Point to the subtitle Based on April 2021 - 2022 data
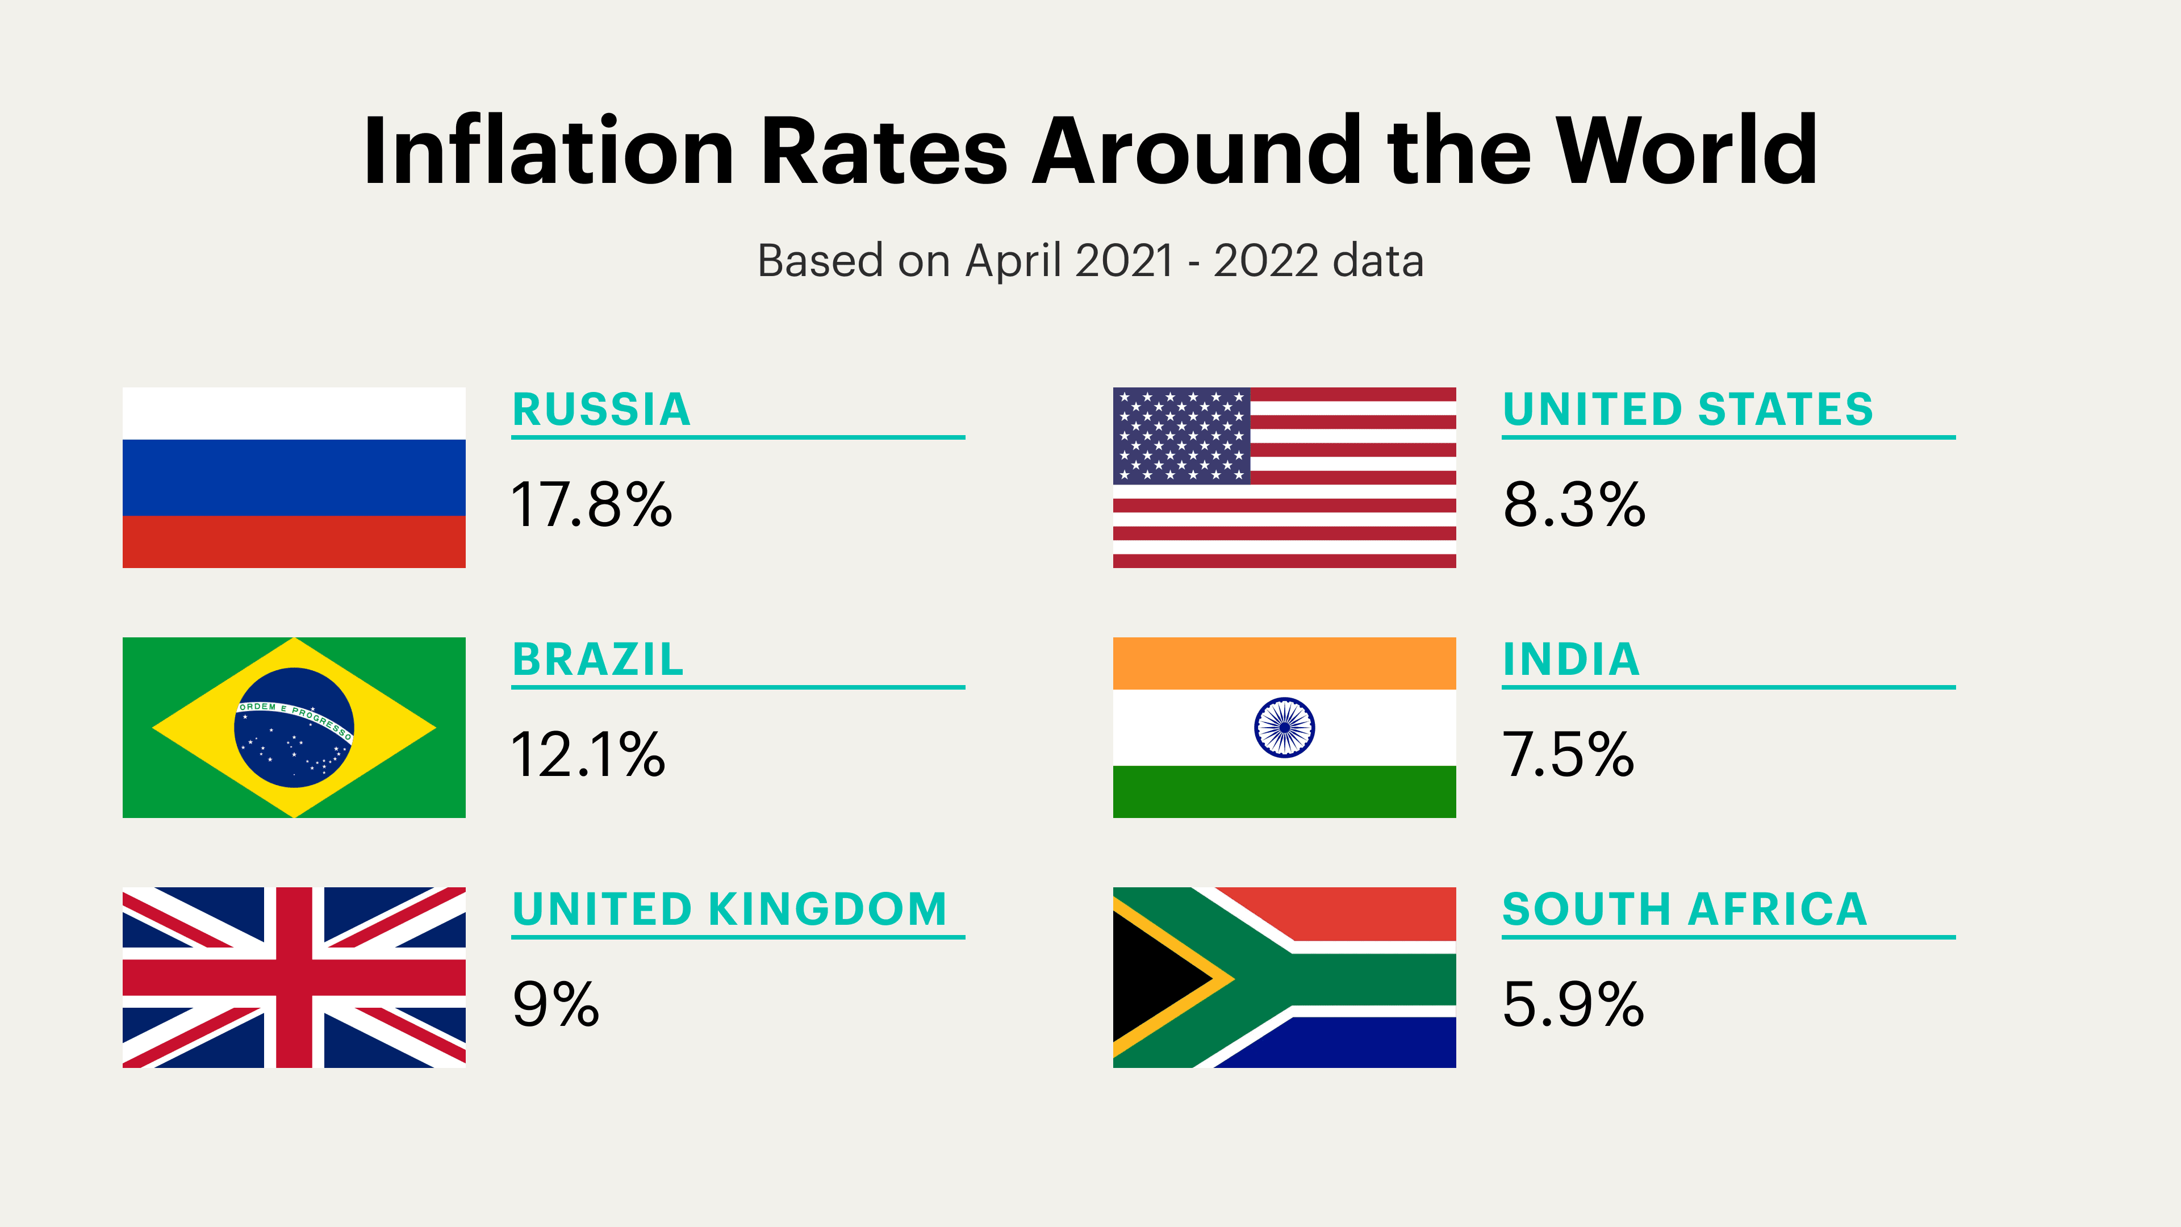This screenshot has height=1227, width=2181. (1090, 261)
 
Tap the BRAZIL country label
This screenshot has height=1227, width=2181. (598, 660)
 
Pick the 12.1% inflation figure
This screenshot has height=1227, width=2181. (588, 756)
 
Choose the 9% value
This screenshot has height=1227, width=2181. (556, 1005)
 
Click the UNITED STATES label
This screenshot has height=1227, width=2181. (1688, 410)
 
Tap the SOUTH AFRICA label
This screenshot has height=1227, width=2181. (1685, 909)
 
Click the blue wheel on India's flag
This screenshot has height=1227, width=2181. (1284, 727)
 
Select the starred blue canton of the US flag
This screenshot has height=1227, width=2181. (1181, 435)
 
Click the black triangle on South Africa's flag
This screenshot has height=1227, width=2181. (1151, 979)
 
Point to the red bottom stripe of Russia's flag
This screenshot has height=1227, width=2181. (294, 542)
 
